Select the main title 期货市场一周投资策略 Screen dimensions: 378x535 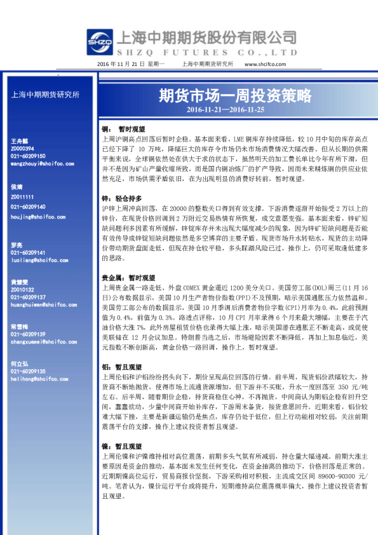(234, 96)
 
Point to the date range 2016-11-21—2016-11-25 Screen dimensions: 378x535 (234, 109)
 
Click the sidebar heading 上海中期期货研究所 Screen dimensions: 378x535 (46, 95)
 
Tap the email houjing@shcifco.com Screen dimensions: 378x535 (34, 216)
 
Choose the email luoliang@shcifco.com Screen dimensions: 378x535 (34, 261)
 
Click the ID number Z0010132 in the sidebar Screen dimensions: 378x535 (24, 288)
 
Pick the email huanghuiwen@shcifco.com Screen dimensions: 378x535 (39, 305)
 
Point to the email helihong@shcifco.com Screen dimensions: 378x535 (34, 379)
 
